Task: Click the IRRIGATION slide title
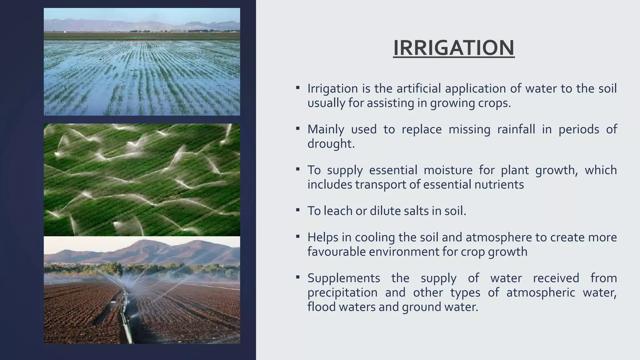(453, 48)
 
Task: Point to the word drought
(331, 143)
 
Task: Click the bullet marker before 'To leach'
(298, 210)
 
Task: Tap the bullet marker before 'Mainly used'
(298, 128)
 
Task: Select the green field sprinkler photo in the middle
(142, 180)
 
